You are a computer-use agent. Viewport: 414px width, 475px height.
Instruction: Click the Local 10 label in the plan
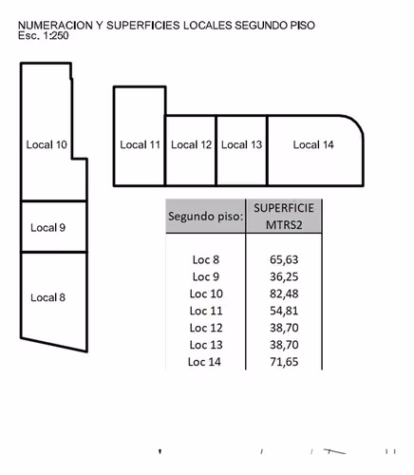tap(47, 144)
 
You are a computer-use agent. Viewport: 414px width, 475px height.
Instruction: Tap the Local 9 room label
tap(47, 227)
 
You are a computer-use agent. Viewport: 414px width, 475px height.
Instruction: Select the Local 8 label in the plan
tap(47, 297)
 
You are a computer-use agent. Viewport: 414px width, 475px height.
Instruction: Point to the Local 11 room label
tap(140, 144)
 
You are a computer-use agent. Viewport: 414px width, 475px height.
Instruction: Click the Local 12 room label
tap(191, 144)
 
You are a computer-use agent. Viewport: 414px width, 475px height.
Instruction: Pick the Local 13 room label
tap(241, 144)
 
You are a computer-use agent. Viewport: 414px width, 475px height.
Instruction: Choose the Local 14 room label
tap(313, 144)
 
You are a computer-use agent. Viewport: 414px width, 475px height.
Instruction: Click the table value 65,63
tap(284, 259)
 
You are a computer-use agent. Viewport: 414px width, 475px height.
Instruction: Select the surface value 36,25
tap(284, 276)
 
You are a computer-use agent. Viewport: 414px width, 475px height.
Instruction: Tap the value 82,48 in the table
tap(284, 294)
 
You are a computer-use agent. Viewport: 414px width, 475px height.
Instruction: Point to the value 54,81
tap(284, 311)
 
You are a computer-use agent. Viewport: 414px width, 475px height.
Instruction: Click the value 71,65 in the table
tap(284, 362)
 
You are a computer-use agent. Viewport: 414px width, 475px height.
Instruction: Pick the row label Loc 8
tap(206, 259)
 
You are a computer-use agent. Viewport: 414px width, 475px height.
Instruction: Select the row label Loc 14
tap(204, 362)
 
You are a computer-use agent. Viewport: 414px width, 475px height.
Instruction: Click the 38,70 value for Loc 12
tap(284, 328)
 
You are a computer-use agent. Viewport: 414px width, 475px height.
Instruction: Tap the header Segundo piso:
tap(206, 217)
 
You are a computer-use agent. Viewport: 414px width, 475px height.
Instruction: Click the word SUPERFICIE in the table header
tap(284, 208)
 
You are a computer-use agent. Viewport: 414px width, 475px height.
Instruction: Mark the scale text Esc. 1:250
tap(44, 35)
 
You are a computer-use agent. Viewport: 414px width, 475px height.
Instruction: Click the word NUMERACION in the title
tap(55, 26)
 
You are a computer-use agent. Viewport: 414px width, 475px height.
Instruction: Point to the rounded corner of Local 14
tap(354, 123)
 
